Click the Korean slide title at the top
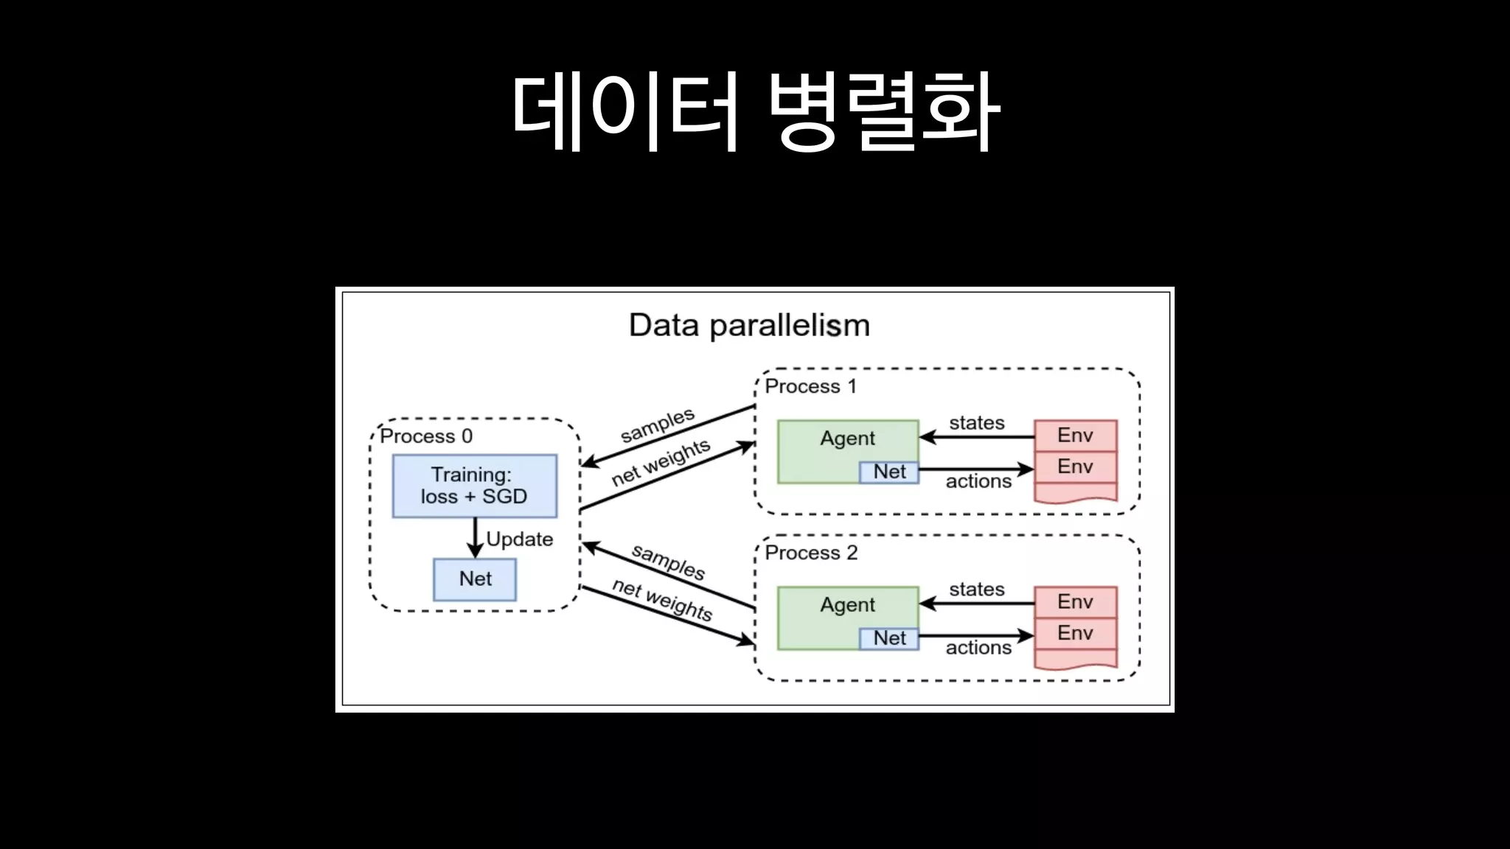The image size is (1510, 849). [755, 112]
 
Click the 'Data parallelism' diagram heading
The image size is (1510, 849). [749, 325]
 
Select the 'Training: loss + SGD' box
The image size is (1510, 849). [474, 486]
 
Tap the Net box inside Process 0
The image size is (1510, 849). [475, 579]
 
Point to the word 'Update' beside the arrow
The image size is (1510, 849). [520, 539]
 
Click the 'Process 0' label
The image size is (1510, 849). [426, 436]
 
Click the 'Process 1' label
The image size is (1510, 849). [810, 386]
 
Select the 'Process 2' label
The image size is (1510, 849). [811, 553]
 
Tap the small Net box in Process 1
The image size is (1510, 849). [889, 472]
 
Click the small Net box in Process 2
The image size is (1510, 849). [889, 639]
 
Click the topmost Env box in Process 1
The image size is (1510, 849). [1075, 436]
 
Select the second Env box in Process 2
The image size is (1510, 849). [1075, 633]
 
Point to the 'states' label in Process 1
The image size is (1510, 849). [977, 423]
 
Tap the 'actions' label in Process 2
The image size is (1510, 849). [978, 648]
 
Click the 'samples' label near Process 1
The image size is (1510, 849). [658, 425]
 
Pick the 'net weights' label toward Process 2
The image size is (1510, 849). [662, 599]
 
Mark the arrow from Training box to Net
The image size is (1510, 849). [476, 537]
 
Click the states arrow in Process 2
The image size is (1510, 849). [977, 604]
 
